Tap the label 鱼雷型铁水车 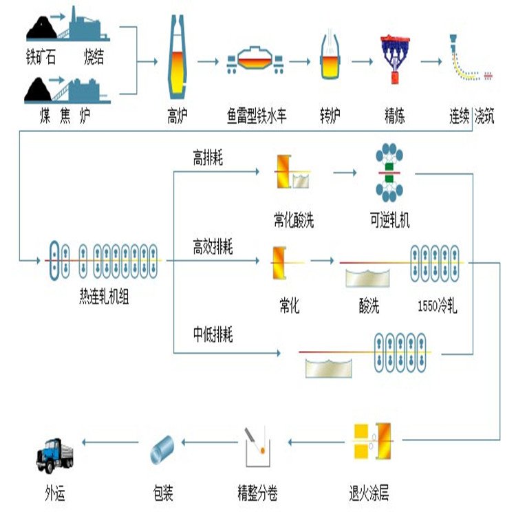(257, 116)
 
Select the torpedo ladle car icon (256, 61)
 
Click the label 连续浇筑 (472, 116)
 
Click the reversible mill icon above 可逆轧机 (389, 172)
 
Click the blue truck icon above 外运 (55, 455)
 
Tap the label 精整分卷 (257, 493)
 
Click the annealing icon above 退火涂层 (372, 442)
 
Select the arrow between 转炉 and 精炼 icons (364, 61)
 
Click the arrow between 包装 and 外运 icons (109, 441)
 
